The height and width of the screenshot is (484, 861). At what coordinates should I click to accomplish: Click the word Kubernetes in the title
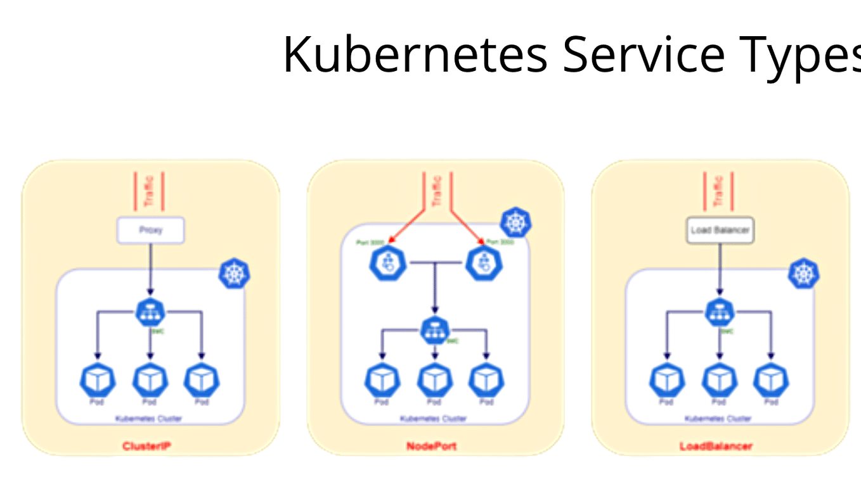(415, 54)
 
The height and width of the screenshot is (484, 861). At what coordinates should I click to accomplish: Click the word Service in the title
(643, 54)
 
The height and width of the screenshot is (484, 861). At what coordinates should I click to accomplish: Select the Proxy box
(150, 231)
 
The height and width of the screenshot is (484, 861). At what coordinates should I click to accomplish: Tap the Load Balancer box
(720, 231)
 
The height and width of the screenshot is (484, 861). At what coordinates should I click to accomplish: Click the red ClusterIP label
(147, 447)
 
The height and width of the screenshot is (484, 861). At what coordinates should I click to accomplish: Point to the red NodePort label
(431, 447)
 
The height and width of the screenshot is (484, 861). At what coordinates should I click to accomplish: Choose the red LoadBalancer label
(716, 447)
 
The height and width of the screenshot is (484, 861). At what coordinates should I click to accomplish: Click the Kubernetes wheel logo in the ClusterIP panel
(234, 274)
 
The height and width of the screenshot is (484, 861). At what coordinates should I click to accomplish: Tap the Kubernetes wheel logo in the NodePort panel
(515, 222)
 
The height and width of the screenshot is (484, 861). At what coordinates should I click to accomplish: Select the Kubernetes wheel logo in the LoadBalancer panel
(803, 274)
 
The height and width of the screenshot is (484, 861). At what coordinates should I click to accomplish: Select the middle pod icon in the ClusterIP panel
(150, 379)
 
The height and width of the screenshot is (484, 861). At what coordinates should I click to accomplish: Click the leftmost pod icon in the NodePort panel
(382, 379)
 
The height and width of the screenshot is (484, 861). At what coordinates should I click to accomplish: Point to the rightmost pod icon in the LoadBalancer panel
(771, 379)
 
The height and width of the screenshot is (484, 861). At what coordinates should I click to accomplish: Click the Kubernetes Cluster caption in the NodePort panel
(433, 419)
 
